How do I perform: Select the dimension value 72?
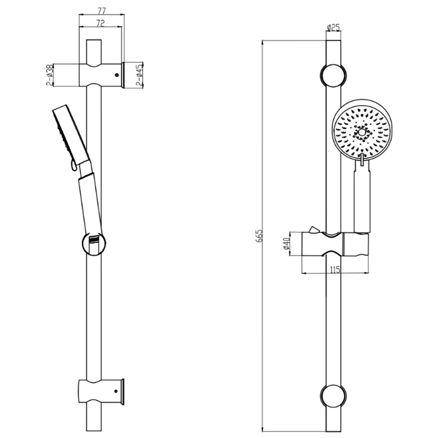100,23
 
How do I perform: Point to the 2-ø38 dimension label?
50,75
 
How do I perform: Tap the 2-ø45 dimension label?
139,75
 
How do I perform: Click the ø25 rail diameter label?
333,28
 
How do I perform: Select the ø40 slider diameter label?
287,244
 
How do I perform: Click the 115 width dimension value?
335,270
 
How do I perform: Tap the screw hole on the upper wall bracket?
117,75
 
